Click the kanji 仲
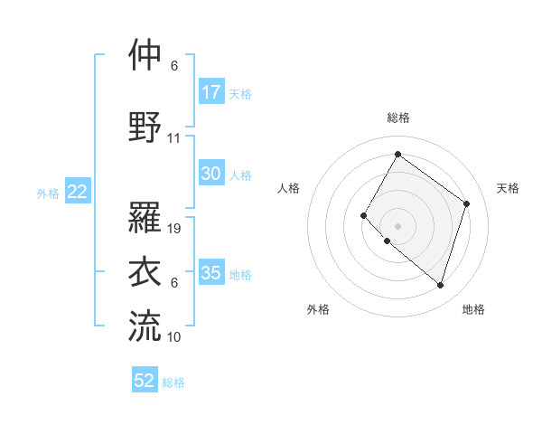tap(145, 55)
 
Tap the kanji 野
tap(145, 127)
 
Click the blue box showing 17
tap(211, 91)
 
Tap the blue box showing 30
tap(211, 175)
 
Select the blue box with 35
tap(211, 273)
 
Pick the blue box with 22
tap(77, 192)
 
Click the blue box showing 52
tap(145, 381)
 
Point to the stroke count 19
tap(175, 229)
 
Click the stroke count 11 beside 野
tap(174, 139)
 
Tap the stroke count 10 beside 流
tap(174, 336)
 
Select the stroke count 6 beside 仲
tap(174, 66)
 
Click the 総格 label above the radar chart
tap(397, 118)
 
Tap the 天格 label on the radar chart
tap(508, 188)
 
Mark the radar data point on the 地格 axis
tap(440, 286)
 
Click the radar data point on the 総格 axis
tap(397, 154)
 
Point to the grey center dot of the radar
tap(397, 225)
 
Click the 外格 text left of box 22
tap(48, 193)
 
